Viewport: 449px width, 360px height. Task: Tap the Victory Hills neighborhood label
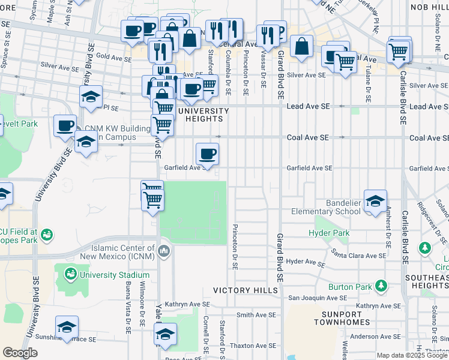[246, 290]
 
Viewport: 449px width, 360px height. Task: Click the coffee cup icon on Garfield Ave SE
[207, 154]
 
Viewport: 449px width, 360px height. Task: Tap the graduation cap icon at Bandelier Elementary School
[375, 201]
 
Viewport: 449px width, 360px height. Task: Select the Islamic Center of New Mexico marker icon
[164, 250]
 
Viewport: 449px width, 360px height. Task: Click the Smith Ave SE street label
[256, 314]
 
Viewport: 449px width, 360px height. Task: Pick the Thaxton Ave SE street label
[253, 346]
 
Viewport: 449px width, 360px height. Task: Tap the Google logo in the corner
[20, 353]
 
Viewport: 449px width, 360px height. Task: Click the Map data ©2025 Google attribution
[412, 355]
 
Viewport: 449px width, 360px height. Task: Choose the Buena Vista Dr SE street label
[128, 308]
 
